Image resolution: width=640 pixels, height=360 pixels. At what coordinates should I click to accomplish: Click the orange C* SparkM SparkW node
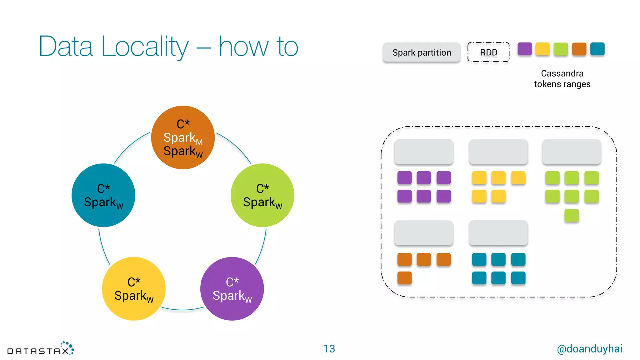coord(183,137)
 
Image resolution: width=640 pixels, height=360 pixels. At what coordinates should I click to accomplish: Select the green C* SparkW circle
coord(262,195)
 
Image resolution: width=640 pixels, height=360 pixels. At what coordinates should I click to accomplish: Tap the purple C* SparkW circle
coord(232,289)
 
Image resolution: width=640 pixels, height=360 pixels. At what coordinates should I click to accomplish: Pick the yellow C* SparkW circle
coord(134,289)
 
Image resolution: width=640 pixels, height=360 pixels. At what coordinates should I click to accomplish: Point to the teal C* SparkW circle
coord(103,195)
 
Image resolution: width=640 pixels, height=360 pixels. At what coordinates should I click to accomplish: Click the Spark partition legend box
coord(422,52)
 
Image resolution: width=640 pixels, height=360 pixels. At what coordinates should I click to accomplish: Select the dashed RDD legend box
coord(488,52)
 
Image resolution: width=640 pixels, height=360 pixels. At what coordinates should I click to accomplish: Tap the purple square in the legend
coord(525,49)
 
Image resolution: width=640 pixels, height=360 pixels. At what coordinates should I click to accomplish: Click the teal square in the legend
coord(597,49)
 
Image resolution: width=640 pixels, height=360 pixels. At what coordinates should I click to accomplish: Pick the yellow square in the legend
coord(542,49)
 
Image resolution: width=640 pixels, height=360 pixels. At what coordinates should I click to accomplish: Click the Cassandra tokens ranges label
coord(562,79)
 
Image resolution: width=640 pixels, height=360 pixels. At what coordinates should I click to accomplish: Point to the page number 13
coord(329,349)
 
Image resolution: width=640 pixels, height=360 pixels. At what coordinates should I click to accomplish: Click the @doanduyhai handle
coord(590,349)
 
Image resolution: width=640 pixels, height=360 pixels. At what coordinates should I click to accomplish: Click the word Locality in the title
coord(145,47)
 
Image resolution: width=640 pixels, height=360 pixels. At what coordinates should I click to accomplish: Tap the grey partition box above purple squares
coord(424,152)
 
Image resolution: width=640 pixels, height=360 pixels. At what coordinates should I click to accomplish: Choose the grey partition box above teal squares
coord(498,233)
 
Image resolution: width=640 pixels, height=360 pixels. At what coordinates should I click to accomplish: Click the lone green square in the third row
coord(572,216)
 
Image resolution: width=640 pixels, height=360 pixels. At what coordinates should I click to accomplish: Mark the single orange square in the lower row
coord(404,278)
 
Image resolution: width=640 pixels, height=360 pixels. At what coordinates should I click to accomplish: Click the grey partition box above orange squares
coord(424,233)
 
